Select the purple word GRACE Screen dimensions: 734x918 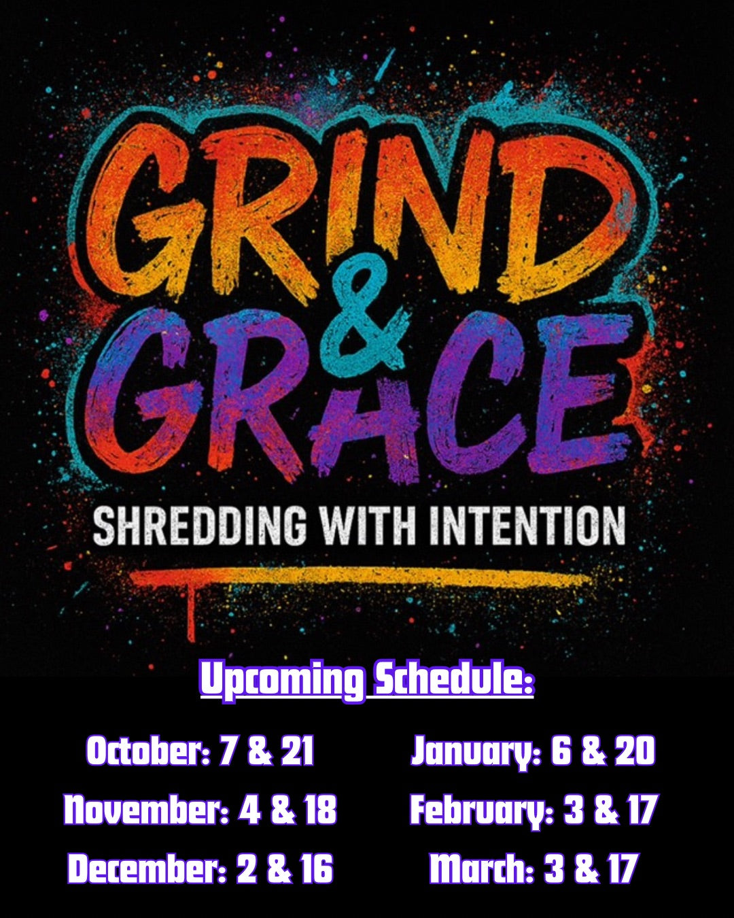[358, 392]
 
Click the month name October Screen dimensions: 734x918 [148, 751]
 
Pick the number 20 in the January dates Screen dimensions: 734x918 [634, 751]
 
